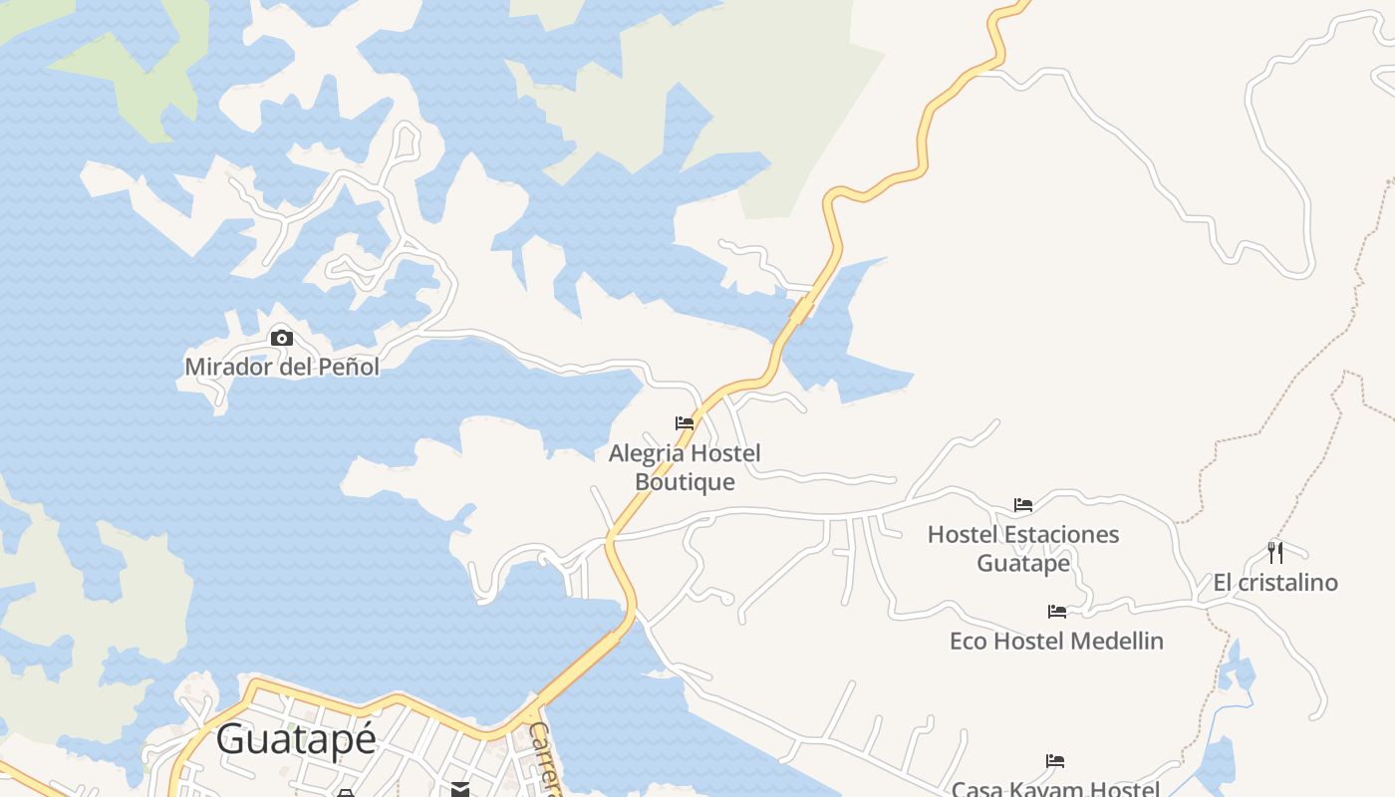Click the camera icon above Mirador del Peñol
point(282,339)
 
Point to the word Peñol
point(348,367)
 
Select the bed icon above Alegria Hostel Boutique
point(685,423)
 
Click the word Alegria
point(646,454)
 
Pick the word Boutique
point(685,482)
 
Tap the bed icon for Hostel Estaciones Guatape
point(1023,505)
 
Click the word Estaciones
point(1062,535)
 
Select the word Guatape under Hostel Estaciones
point(1023,563)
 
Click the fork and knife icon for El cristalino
point(1274,552)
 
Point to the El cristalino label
point(1274,583)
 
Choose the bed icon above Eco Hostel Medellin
point(1057,612)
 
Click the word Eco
point(968,641)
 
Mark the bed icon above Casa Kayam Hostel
point(1055,762)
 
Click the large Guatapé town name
point(296,739)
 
